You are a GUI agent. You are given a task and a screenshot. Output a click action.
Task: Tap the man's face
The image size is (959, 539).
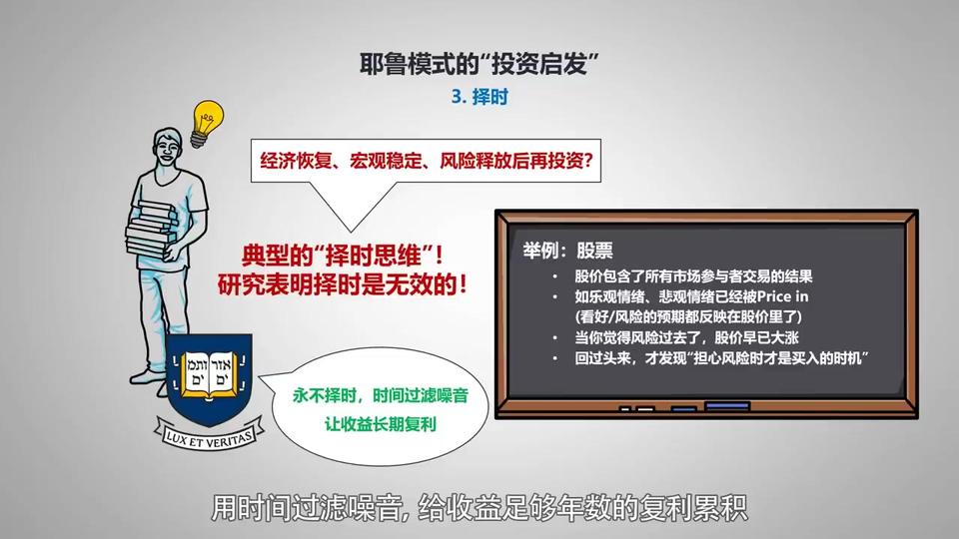[168, 150]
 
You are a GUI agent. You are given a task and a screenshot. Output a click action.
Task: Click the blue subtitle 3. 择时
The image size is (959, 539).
[479, 97]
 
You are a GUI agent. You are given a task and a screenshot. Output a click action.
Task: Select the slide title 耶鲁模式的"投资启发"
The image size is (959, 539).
[479, 63]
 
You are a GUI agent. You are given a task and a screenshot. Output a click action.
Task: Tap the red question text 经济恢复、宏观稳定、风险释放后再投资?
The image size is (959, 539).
[427, 161]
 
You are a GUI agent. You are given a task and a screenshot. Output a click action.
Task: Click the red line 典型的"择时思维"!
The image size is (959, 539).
[343, 255]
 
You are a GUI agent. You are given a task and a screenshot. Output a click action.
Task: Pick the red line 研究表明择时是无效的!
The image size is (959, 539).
[343, 284]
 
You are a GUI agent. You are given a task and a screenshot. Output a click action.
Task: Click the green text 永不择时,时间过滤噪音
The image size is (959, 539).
[380, 395]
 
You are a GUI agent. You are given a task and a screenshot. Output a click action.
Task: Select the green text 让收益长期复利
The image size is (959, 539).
[380, 423]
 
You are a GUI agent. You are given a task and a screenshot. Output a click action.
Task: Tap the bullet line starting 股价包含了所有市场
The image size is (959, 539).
[693, 276]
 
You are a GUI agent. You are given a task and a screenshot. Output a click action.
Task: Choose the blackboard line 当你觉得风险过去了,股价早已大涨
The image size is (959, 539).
[686, 337]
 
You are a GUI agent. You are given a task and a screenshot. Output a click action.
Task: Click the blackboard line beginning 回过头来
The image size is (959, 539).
[721, 357]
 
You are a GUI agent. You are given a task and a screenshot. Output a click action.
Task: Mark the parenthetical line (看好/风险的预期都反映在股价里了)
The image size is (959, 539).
[688, 316]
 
